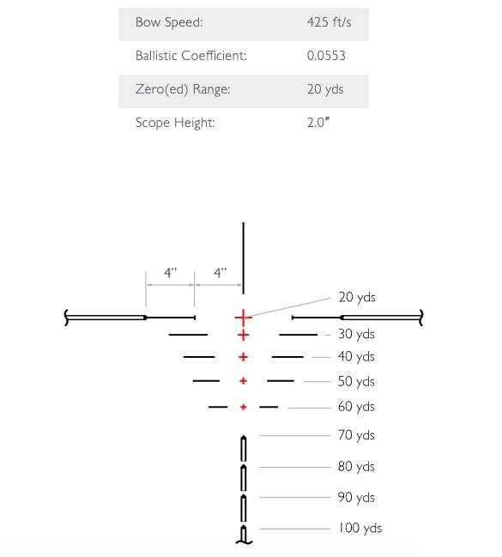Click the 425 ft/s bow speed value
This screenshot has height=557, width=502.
coord(329,22)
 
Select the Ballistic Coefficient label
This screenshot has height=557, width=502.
coord(191,56)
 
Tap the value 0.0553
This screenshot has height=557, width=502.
coord(326,56)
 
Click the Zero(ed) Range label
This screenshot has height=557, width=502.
coord(183,89)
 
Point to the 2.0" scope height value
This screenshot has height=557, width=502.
coord(318,123)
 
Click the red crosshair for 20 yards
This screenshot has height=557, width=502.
coord(244,318)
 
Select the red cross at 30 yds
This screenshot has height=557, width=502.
coord(244,335)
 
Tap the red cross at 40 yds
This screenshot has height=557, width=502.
coord(244,357)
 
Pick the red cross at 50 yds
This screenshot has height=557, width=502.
coord(244,381)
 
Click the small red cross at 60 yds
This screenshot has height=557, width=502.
coord(244,407)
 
